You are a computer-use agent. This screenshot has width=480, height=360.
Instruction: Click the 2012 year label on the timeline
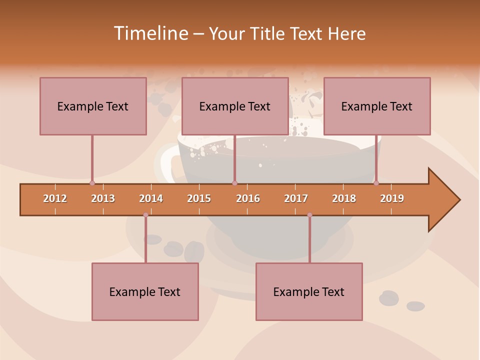pos(55,198)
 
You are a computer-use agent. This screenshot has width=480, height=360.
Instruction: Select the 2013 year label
pos(103,198)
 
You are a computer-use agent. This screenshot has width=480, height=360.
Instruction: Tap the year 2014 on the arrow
pos(151,198)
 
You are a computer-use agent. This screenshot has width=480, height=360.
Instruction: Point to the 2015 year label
pos(199,198)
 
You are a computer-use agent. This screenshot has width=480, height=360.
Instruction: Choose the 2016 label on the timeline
pos(248,198)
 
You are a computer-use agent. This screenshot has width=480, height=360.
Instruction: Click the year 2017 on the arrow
pos(296,198)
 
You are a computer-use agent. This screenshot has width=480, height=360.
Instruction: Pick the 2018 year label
pos(344,198)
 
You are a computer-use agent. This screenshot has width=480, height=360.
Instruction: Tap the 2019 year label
pos(392,198)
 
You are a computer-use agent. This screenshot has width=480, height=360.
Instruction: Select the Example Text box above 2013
pos(93,106)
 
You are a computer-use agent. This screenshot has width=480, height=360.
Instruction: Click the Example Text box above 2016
pos(235,106)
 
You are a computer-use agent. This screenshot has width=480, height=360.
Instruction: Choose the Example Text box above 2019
pos(377,106)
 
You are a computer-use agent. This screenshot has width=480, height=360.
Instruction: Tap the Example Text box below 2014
pos(145,291)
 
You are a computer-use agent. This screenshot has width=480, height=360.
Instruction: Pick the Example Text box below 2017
pos(309,291)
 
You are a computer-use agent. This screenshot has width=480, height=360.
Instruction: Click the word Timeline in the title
pos(149,33)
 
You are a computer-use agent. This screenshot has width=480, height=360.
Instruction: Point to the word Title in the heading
pos(269,33)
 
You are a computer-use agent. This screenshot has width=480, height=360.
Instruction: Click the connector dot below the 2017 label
pos(309,215)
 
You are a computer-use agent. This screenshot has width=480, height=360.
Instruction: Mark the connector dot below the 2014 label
pos(145,215)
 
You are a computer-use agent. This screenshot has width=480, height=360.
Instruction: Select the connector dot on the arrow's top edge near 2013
pos(92,183)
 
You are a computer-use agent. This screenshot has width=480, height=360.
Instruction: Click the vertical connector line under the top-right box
pos(376,157)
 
